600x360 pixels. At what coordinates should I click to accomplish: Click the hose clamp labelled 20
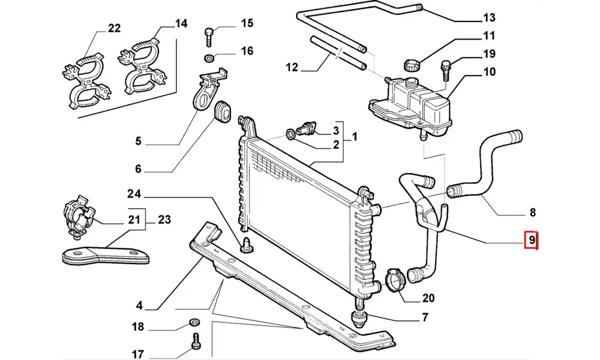coord(394,279)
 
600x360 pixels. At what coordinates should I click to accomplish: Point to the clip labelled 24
coord(245,244)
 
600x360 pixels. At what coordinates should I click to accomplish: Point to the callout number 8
coord(532,212)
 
